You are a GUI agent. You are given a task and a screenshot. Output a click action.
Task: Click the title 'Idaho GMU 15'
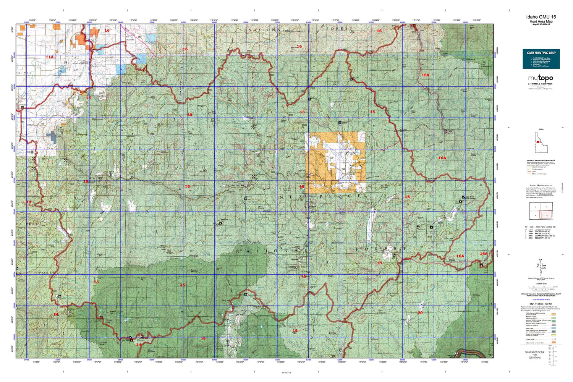click(x=541, y=17)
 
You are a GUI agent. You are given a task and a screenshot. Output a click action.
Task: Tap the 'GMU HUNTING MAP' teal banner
click(x=541, y=53)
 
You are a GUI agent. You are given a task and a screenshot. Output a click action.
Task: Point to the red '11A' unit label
click(x=50, y=57)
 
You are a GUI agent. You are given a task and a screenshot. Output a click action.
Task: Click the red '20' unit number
click(x=420, y=313)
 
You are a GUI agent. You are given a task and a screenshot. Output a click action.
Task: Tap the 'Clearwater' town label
click(x=130, y=39)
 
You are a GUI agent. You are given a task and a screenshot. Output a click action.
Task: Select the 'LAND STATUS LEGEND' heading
click(x=541, y=304)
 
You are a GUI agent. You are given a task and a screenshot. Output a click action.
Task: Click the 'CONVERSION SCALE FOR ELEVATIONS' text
click(x=534, y=355)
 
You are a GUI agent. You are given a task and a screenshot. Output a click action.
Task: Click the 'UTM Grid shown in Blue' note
click(x=541, y=300)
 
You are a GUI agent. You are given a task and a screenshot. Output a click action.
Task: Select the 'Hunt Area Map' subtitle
click(x=541, y=21)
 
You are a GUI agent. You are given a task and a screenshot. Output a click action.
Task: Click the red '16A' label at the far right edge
click(x=484, y=254)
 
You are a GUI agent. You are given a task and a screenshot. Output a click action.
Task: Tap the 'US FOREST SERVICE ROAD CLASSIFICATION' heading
click(x=541, y=161)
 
